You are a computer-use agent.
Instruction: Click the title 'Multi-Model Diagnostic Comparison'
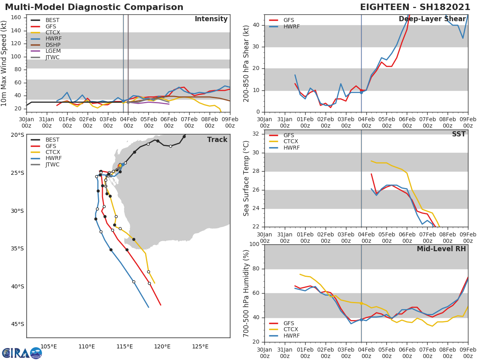[94, 7]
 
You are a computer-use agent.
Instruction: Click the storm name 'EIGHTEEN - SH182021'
[414, 7]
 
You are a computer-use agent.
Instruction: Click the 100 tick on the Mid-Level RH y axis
[254, 244]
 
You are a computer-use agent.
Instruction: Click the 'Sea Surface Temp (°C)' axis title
[246, 178]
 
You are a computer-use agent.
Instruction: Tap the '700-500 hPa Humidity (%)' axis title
[246, 293]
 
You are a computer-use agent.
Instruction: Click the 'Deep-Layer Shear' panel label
[432, 19]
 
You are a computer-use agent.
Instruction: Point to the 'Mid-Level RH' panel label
[441, 249]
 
